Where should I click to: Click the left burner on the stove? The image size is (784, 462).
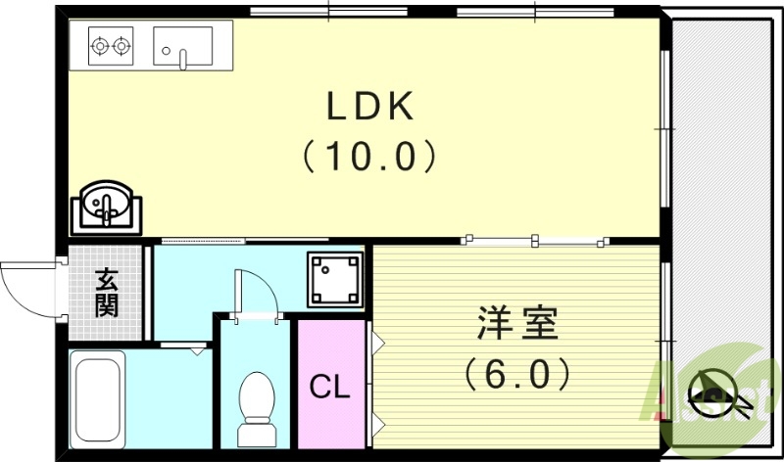pyautogui.click(x=98, y=44)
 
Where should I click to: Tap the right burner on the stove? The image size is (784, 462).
pyautogui.click(x=121, y=44)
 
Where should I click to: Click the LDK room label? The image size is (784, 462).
pyautogui.click(x=368, y=106)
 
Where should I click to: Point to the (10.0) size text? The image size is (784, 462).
pyautogui.click(x=368, y=155)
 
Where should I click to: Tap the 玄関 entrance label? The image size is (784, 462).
pyautogui.click(x=107, y=293)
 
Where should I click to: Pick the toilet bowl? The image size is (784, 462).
pyautogui.click(x=257, y=395)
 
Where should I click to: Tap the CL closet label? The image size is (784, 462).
pyautogui.click(x=329, y=388)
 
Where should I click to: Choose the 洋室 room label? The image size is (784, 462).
pyautogui.click(x=517, y=324)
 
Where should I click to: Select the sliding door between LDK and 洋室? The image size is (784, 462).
pyautogui.click(x=535, y=239)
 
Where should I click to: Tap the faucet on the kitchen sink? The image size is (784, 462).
pyautogui.click(x=182, y=57)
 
